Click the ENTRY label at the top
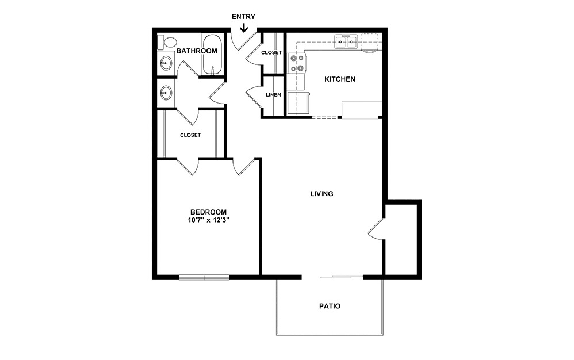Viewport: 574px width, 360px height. tap(243, 17)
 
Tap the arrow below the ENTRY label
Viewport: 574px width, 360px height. tap(244, 27)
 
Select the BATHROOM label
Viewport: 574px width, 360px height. tap(197, 51)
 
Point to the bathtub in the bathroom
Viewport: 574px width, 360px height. tap(211, 55)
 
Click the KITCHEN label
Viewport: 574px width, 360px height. tap(340, 79)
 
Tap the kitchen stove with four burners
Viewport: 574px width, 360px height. tap(297, 63)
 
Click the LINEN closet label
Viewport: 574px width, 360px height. tap(273, 95)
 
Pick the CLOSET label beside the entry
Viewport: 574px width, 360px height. tap(271, 53)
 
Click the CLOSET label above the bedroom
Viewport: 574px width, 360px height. tap(190, 135)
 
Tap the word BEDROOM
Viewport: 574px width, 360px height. tap(208, 211)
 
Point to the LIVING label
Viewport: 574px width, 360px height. tap(322, 194)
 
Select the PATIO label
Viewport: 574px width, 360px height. tap(330, 306)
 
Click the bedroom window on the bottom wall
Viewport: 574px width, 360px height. tap(204, 278)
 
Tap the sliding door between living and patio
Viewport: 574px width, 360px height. tap(342, 278)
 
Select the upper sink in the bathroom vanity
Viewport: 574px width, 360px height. tap(166, 64)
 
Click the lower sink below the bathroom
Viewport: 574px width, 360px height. tap(166, 92)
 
